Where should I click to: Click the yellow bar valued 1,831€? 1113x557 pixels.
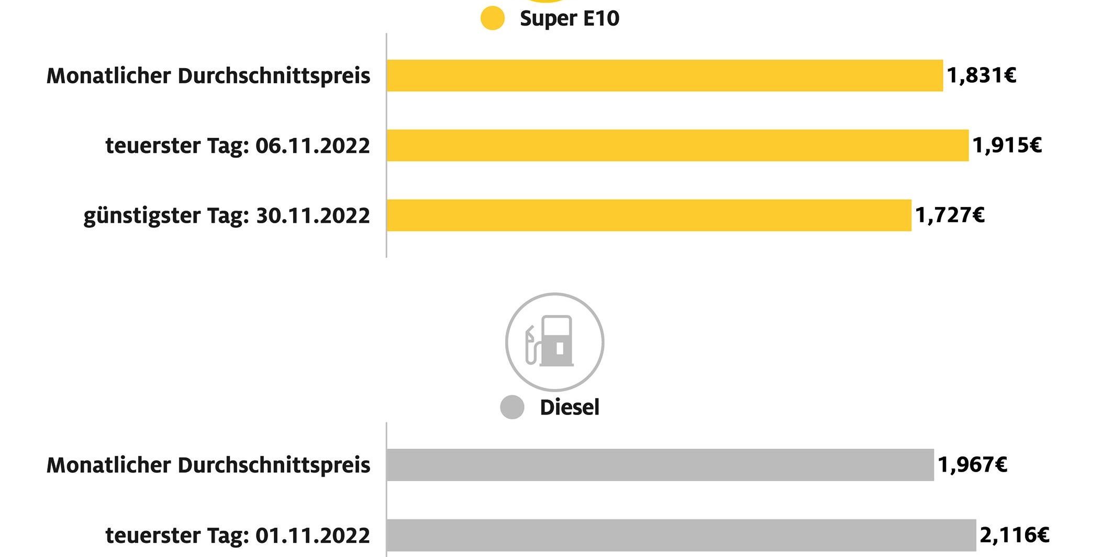(664, 75)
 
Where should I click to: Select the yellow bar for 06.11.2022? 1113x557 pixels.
(677, 145)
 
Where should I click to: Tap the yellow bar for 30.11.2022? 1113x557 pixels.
(649, 215)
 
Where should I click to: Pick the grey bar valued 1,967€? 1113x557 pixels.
(660, 465)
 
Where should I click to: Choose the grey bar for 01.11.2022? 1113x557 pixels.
(681, 535)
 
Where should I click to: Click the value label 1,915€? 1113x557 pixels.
(1007, 145)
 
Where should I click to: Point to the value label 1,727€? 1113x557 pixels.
(950, 215)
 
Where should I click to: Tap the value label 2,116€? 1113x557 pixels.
(1014, 535)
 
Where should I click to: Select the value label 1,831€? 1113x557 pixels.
(982, 75)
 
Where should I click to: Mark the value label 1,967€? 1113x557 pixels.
(972, 465)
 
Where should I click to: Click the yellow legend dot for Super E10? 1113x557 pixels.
(492, 18)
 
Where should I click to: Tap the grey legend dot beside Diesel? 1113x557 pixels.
(512, 407)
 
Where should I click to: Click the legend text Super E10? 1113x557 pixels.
(569, 18)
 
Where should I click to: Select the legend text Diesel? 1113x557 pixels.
(569, 407)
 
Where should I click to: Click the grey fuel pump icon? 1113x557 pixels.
(554, 342)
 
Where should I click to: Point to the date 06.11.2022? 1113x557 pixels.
(313, 145)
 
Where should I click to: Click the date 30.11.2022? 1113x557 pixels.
(313, 215)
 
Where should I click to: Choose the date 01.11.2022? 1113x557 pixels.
(313, 535)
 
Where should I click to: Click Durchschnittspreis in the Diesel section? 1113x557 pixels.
(274, 465)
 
